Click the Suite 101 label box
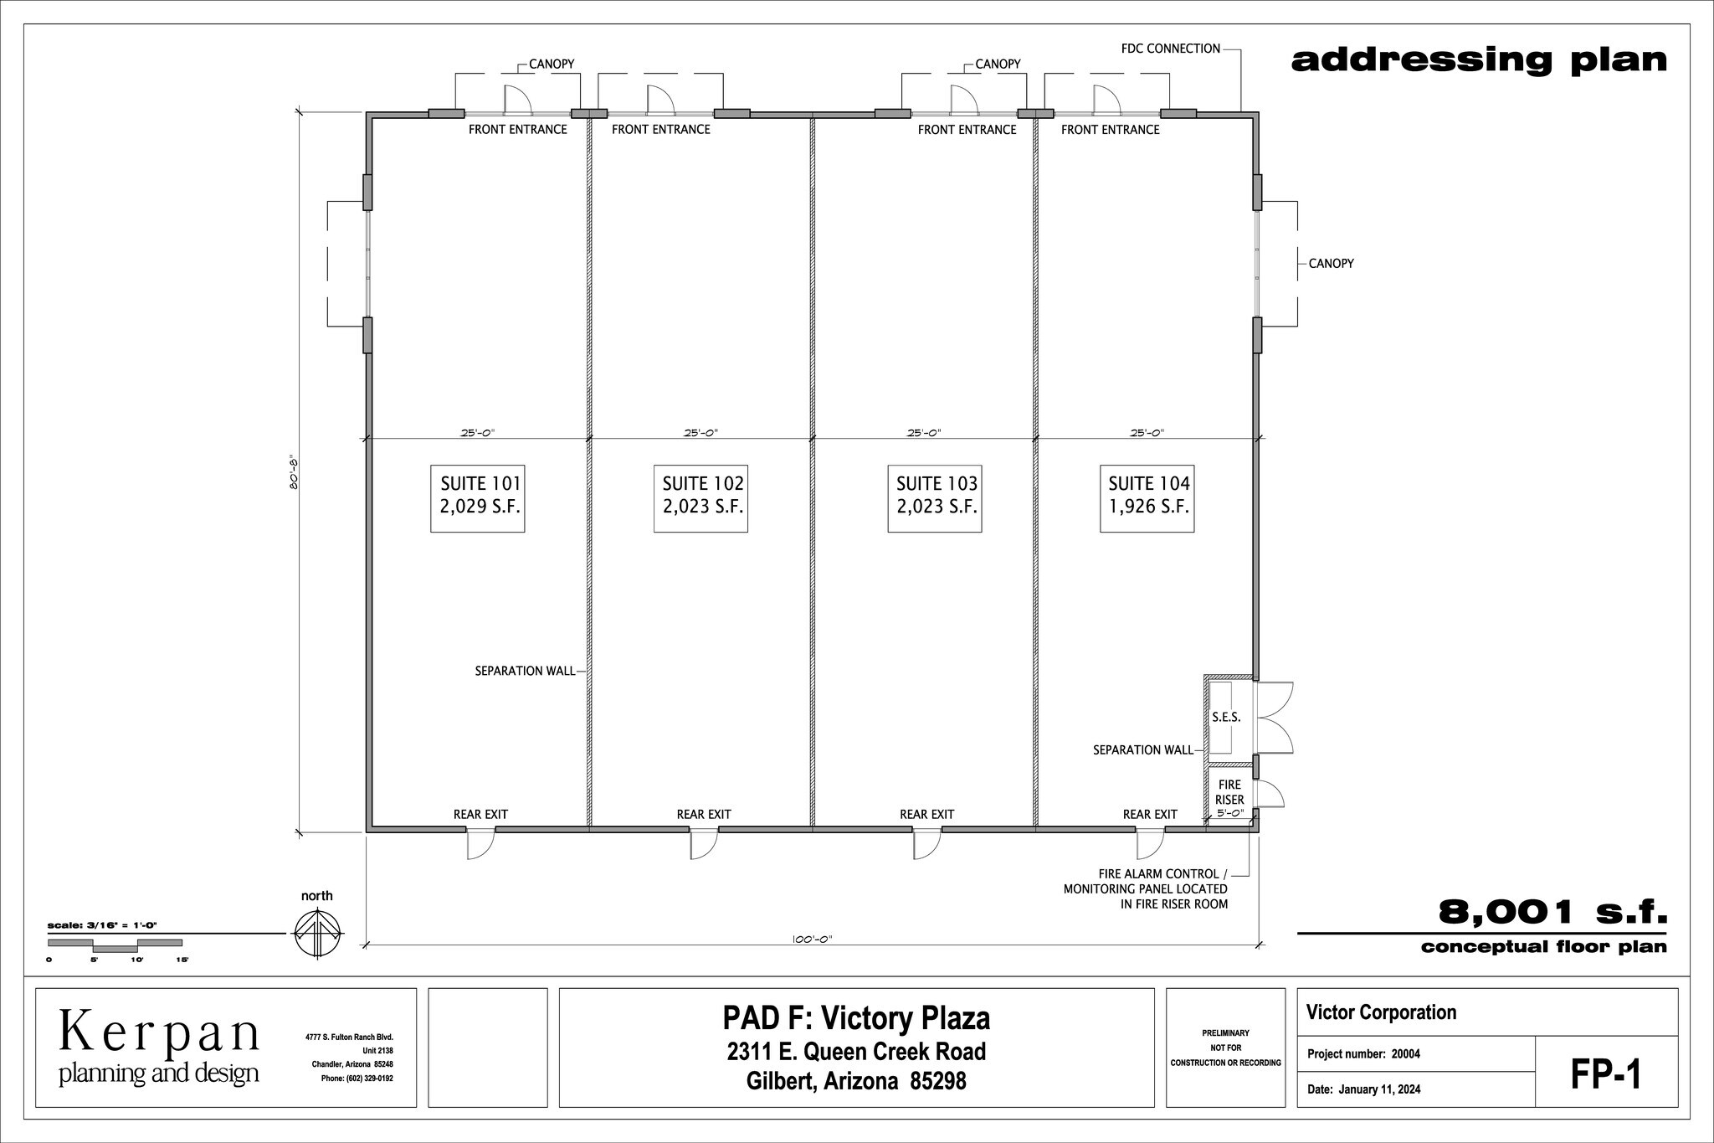(x=477, y=497)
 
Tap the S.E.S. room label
(x=1225, y=718)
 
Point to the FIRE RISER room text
(x=1229, y=792)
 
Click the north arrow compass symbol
(x=318, y=934)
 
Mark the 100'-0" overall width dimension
(x=812, y=940)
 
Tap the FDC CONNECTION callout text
(x=1170, y=49)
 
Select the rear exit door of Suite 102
(x=703, y=843)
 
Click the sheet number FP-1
(x=1605, y=1075)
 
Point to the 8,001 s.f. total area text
(x=1552, y=912)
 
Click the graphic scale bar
(x=115, y=945)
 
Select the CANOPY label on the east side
(x=1331, y=264)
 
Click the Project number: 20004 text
(x=1363, y=1054)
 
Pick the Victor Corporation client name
(x=1381, y=1012)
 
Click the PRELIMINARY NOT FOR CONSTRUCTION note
(x=1225, y=1048)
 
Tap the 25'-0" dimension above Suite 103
(x=923, y=433)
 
